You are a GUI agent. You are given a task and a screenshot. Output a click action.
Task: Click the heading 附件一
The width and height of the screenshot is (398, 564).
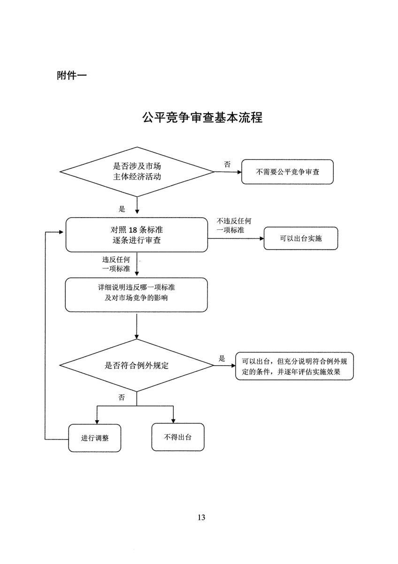72,75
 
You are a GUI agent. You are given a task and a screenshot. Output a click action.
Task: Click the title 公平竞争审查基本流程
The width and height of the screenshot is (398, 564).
202,117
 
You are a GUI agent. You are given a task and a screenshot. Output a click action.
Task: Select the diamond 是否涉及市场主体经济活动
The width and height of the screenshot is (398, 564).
137,172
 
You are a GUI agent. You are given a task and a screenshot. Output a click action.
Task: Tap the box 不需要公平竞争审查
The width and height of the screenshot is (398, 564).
287,172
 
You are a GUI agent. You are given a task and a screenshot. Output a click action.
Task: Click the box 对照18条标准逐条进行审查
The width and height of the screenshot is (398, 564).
137,235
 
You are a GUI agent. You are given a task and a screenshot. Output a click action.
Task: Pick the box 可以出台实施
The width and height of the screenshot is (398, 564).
301,238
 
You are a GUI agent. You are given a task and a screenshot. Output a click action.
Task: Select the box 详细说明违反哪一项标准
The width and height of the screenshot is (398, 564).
136,295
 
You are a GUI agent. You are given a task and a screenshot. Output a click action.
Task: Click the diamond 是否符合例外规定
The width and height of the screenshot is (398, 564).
137,365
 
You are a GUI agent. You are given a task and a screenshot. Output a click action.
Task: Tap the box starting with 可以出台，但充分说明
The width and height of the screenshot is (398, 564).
294,366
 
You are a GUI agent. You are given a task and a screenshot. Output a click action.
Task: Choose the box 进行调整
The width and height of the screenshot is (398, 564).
94,438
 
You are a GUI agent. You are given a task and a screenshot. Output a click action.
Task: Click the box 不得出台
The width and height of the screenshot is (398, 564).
178,437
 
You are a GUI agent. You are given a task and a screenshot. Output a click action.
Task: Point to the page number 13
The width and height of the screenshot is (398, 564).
201,517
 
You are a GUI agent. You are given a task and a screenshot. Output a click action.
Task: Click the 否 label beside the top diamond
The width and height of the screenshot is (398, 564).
227,164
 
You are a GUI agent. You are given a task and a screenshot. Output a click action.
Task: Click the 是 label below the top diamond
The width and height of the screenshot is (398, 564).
122,209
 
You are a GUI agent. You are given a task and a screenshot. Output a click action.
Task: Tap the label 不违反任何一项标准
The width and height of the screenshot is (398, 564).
234,226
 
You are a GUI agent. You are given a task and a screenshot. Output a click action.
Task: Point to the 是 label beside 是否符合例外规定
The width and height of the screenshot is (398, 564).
222,358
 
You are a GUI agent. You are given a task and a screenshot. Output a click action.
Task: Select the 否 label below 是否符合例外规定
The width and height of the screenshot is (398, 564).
122,397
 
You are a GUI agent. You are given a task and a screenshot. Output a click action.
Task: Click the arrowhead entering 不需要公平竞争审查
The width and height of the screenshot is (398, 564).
239,172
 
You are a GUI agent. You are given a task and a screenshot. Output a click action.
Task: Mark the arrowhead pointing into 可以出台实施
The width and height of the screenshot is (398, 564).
262,238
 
